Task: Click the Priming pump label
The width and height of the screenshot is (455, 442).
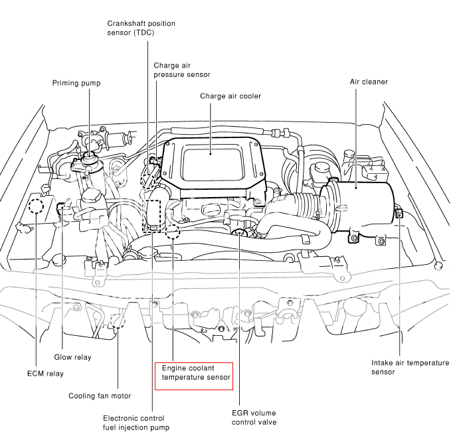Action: [x=76, y=83]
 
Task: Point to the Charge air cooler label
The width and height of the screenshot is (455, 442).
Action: [x=230, y=96]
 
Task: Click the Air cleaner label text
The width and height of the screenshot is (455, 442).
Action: [x=369, y=82]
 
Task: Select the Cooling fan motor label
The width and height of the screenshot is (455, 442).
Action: [x=100, y=396]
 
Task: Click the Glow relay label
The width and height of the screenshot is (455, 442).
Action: [x=73, y=357]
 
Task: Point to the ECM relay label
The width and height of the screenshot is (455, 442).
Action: [x=46, y=374]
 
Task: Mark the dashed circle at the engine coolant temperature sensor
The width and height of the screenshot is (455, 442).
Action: [x=173, y=232]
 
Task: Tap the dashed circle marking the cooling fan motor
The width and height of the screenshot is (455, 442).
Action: [x=118, y=321]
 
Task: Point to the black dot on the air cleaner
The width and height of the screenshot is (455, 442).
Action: [x=356, y=188]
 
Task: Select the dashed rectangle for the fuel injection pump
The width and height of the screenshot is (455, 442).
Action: [x=153, y=214]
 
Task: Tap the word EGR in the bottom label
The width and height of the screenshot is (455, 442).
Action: [x=241, y=412]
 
